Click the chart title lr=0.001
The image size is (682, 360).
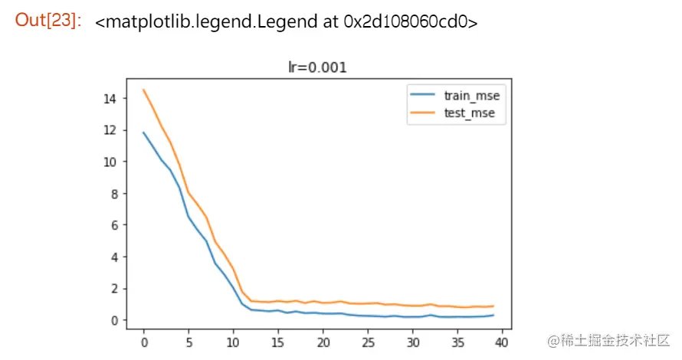317,67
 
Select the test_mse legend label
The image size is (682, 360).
469,113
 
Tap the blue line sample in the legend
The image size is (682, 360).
423,97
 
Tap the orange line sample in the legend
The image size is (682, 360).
423,113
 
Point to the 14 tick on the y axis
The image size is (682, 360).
110,98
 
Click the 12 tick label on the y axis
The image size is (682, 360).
110,130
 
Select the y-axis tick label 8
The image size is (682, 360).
113,194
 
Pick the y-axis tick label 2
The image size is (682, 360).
113,289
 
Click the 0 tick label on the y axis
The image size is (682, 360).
113,320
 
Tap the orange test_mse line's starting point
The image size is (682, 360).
143,90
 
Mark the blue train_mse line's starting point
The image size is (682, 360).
143,133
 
